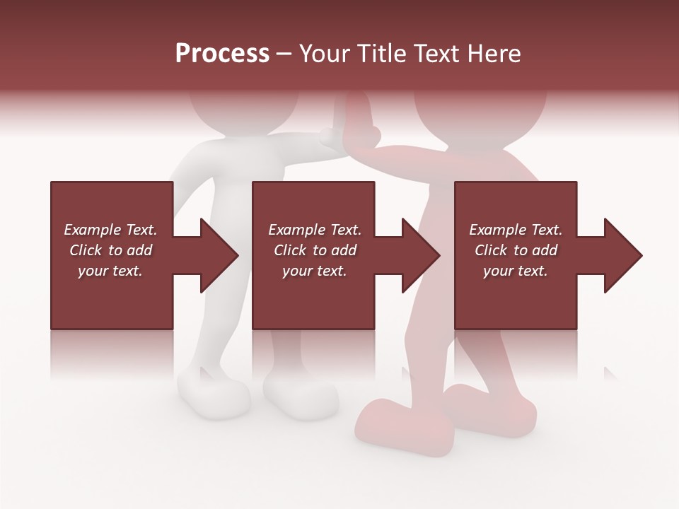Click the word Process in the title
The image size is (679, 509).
pos(222,54)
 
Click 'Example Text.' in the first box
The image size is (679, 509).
pos(110,230)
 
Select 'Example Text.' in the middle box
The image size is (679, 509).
pos(315,230)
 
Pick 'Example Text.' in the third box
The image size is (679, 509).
pos(516,230)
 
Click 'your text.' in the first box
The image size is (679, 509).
pos(110,271)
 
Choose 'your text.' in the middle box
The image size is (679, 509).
pos(315,271)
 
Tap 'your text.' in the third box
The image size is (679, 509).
pos(516,271)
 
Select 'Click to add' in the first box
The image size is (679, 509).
pos(110,250)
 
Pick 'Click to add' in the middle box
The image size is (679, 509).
pos(315,250)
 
